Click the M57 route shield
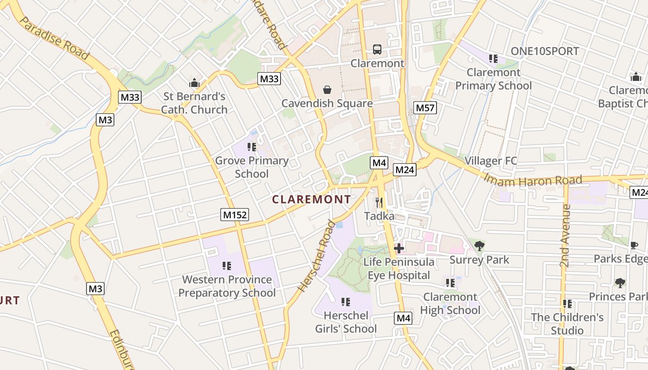pyautogui.click(x=425, y=108)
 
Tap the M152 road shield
pyautogui.click(x=235, y=215)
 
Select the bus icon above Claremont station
pyautogui.click(x=377, y=49)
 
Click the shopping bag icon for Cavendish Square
pyautogui.click(x=327, y=90)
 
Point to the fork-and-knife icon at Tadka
pyautogui.click(x=379, y=203)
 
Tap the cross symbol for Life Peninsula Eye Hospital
pyautogui.click(x=399, y=248)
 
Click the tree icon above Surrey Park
pyautogui.click(x=480, y=246)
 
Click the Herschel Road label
pyautogui.click(x=317, y=256)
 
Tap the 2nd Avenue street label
pyautogui.click(x=565, y=236)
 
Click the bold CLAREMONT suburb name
pyautogui.click(x=312, y=199)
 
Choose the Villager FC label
pyautogui.click(x=490, y=161)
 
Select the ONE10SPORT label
pyautogui.click(x=545, y=51)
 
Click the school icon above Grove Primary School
pyautogui.click(x=252, y=147)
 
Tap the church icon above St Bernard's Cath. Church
pyautogui.click(x=194, y=83)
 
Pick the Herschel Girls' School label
pyautogui.click(x=346, y=322)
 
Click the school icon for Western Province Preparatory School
pyautogui.click(x=226, y=266)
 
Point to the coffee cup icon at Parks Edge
pyautogui.click(x=634, y=245)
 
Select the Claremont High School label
pyautogui.click(x=450, y=303)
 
